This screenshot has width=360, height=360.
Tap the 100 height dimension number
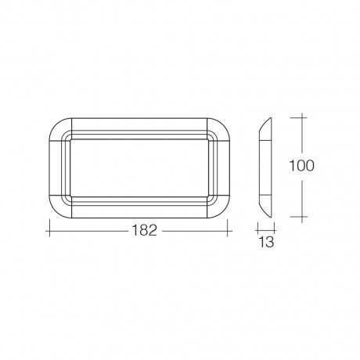(301, 166)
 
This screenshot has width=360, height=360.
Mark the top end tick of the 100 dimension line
(301, 116)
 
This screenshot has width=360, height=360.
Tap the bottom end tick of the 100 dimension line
(301, 216)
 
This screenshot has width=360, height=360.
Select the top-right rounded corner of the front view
(225, 125)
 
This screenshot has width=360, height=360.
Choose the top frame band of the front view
(142, 125)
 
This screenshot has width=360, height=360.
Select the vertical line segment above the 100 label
(301, 135)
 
